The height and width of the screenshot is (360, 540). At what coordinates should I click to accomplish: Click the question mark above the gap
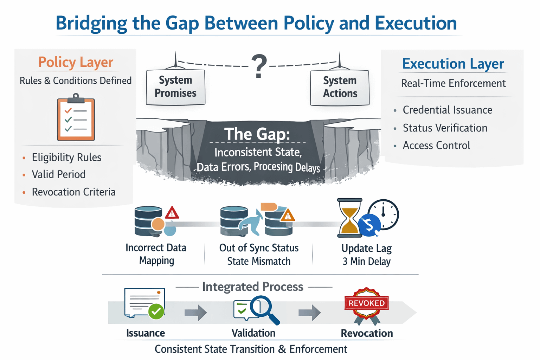(x=259, y=66)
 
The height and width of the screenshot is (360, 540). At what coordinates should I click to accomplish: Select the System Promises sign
(x=175, y=87)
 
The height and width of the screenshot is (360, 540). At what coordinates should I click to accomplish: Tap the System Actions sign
(x=340, y=87)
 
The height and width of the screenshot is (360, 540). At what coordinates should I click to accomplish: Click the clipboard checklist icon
(x=76, y=118)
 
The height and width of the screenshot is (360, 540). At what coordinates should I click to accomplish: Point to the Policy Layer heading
(x=76, y=62)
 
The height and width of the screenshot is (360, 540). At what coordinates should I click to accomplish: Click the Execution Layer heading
(x=453, y=64)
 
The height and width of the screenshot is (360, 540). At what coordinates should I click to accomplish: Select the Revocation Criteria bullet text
(x=73, y=192)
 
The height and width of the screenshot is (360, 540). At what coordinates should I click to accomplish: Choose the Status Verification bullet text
(x=445, y=128)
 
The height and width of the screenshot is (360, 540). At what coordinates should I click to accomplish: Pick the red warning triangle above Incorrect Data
(x=172, y=213)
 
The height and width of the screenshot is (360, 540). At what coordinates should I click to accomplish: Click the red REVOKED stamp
(x=367, y=303)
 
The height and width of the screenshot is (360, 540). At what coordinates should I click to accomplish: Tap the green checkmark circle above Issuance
(x=156, y=311)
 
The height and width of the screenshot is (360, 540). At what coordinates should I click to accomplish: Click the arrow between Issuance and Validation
(x=196, y=312)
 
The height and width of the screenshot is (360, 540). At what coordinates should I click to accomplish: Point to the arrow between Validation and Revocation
(x=310, y=312)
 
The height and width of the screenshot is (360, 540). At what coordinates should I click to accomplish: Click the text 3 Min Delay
(x=366, y=262)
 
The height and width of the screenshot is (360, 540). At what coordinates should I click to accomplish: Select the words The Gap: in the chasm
(x=257, y=134)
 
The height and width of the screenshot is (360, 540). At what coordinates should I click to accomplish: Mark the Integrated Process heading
(x=252, y=287)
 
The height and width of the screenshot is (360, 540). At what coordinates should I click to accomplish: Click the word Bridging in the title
(x=91, y=23)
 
